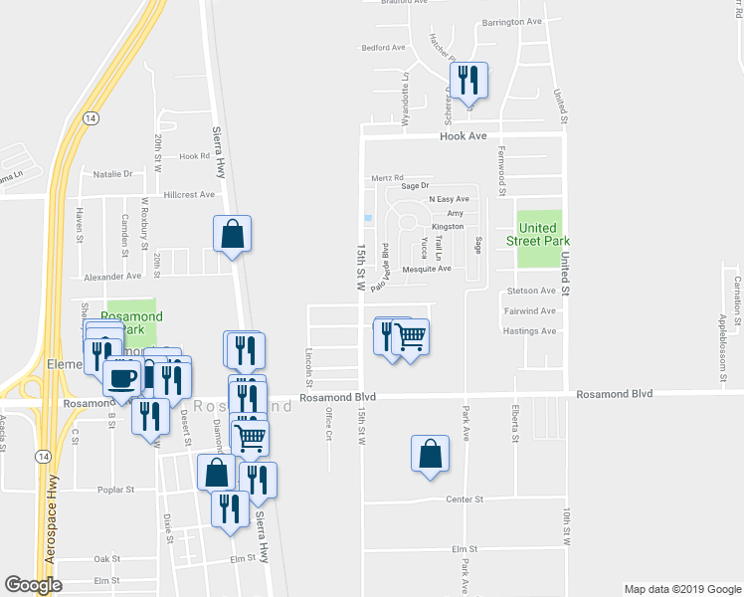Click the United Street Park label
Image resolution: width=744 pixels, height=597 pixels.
538,234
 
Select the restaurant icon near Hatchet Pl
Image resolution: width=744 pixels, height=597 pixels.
468,82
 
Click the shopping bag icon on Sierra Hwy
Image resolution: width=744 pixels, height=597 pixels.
232,236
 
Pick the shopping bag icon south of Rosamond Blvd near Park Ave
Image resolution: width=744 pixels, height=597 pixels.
429,454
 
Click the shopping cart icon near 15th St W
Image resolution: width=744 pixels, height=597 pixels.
409,339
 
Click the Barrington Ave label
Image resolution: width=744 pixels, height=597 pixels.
511,21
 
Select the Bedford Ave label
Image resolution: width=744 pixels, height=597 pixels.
384,47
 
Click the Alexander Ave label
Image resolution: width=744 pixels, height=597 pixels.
111,277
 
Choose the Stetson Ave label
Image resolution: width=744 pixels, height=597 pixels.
530,291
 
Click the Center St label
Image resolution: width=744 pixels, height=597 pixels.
464,499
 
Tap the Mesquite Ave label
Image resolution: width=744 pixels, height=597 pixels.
427,269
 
